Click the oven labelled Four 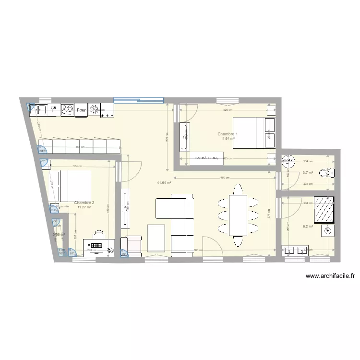pyautogui.click(x=81, y=110)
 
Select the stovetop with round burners pyautogui.click(x=66, y=110)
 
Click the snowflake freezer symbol pyautogui.click(x=94, y=110)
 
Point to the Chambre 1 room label pyautogui.click(x=227, y=134)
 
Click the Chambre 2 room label pyautogui.click(x=84, y=203)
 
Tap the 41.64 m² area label pyautogui.click(x=164, y=182)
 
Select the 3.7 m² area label pyautogui.click(x=308, y=173)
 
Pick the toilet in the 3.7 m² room pyautogui.click(x=329, y=173)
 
